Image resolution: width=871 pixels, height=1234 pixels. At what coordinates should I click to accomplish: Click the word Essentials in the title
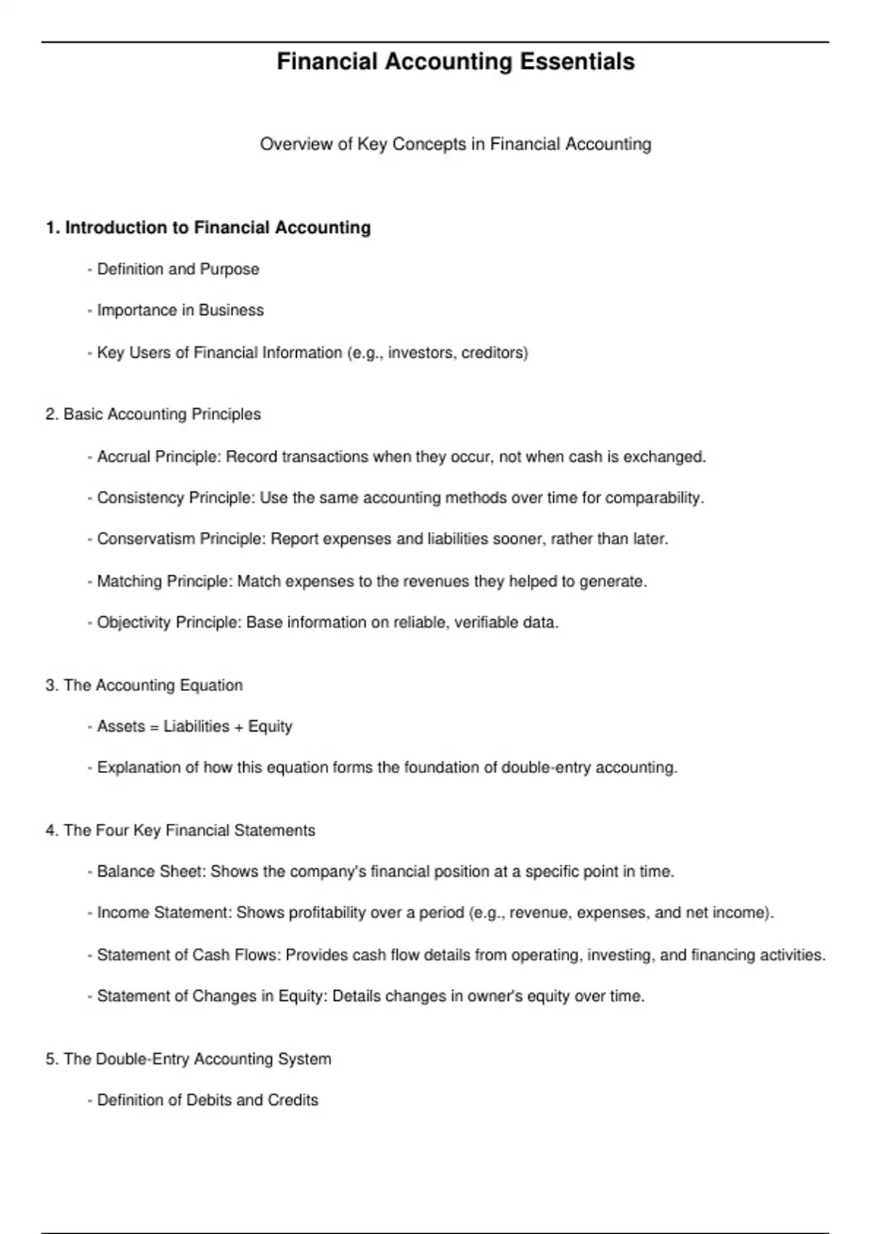[577, 62]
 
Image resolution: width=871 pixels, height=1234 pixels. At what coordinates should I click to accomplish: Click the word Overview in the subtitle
[289, 144]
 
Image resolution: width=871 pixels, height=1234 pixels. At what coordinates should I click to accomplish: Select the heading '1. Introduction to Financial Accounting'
[208, 228]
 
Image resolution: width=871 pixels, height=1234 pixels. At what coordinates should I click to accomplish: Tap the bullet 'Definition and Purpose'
[178, 269]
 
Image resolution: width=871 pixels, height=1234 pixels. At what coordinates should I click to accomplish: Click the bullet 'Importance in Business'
[180, 311]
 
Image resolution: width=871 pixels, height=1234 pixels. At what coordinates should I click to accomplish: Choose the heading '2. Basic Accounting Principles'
[153, 414]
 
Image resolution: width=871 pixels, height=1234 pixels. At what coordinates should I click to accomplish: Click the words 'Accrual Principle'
[157, 457]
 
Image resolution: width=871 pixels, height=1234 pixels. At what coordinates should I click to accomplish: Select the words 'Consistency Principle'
[174, 498]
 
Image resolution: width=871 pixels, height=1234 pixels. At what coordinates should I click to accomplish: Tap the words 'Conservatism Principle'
[179, 539]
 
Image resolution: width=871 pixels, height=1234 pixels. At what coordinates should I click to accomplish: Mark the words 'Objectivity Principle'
[167, 623]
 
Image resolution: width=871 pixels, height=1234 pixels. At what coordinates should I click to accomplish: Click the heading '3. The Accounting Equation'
[144, 685]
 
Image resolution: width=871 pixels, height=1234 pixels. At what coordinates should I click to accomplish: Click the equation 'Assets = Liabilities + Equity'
[195, 727]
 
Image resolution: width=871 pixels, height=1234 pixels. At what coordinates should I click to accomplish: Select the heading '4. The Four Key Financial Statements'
[180, 830]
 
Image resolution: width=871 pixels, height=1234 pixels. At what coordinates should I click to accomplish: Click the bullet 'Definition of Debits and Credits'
[208, 1100]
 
